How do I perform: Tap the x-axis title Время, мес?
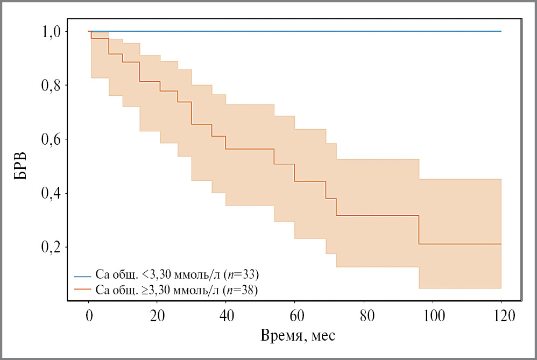pyautogui.click(x=298, y=336)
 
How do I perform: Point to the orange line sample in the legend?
pyautogui.click(x=83, y=291)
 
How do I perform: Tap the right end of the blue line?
pyautogui.click(x=500, y=31)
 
